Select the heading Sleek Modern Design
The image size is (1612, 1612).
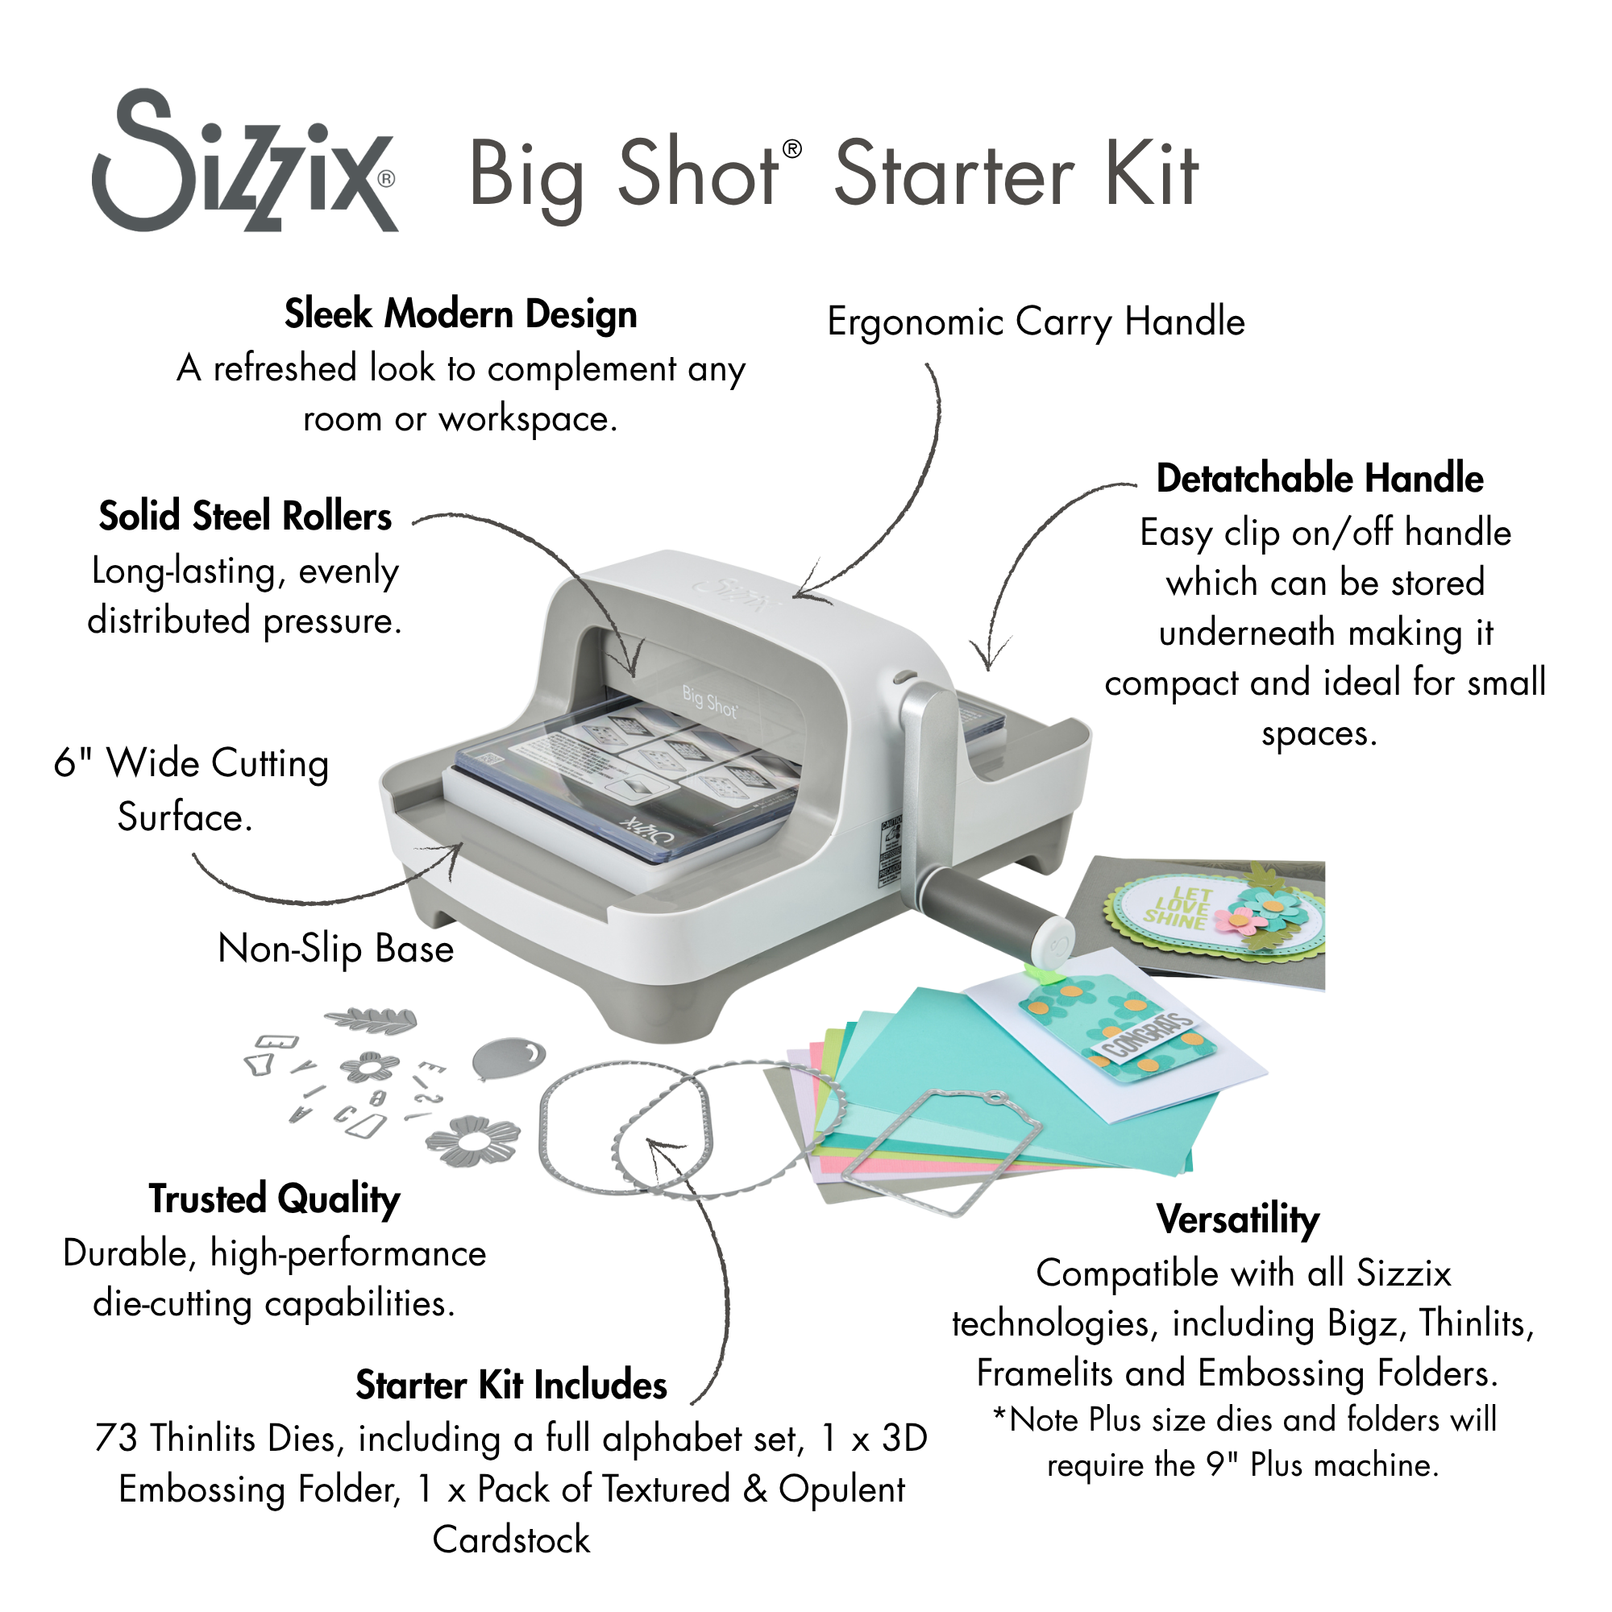click(460, 314)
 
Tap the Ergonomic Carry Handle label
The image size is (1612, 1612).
click(1036, 322)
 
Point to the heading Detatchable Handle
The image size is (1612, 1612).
click(1319, 479)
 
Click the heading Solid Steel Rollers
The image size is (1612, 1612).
click(245, 517)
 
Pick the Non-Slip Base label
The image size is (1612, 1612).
click(335, 949)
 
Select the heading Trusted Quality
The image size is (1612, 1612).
click(275, 1199)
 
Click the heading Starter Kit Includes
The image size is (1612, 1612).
click(511, 1386)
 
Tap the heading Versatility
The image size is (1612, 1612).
click(1237, 1219)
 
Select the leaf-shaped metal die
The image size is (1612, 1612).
click(371, 1020)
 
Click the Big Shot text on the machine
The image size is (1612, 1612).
click(709, 703)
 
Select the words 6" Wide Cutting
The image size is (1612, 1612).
click(191, 763)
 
